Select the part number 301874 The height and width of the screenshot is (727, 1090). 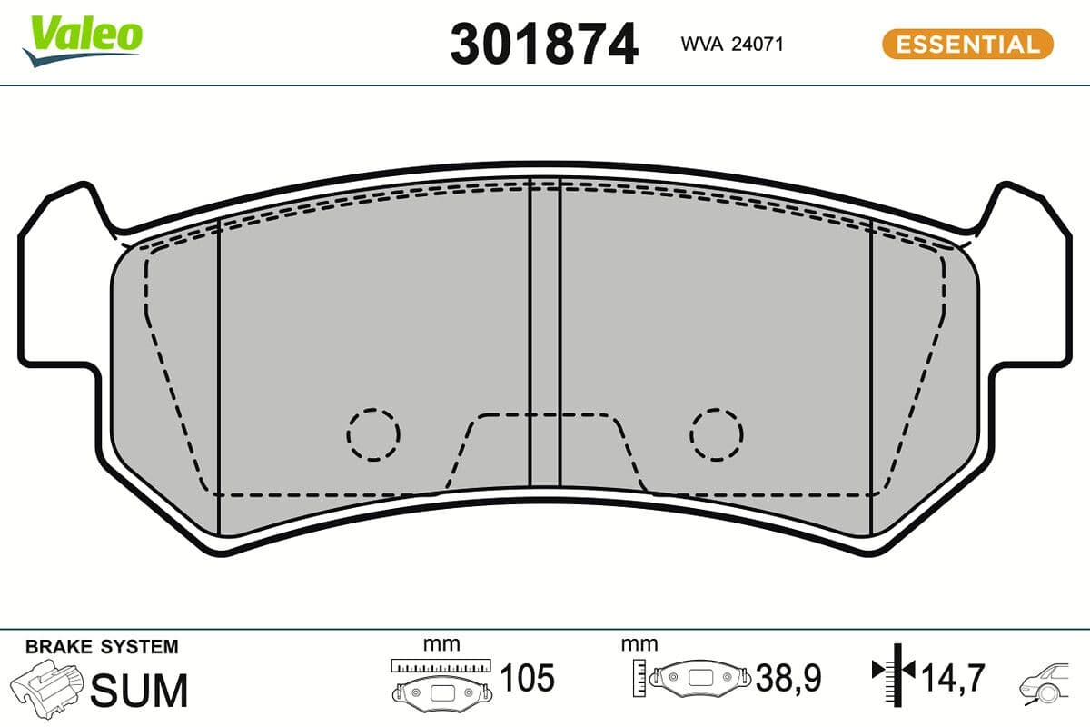coord(544,44)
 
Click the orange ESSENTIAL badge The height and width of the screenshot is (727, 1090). coord(966,44)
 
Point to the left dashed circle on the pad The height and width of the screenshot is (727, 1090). coord(372,433)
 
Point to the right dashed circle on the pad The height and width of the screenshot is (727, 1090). coord(716,433)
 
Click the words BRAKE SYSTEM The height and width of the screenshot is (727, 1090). coord(102,647)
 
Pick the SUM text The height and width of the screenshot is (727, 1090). coord(141,691)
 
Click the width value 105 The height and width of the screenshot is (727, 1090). coord(527,678)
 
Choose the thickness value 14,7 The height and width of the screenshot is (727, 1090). coord(953,678)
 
